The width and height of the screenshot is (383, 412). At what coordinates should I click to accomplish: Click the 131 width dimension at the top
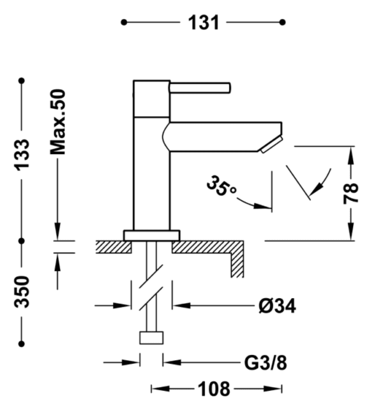click(204, 22)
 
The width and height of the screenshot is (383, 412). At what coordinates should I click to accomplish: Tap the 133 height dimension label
click(22, 154)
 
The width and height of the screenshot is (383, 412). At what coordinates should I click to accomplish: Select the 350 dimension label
click(22, 292)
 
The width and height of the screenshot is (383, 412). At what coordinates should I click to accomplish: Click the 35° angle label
click(222, 187)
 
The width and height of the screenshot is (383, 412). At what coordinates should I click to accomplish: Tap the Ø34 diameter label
click(277, 306)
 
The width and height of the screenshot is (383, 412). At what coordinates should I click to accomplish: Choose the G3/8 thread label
click(265, 363)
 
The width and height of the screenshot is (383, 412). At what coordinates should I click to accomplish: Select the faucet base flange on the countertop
click(152, 235)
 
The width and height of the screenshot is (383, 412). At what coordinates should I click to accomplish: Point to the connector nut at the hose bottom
click(151, 337)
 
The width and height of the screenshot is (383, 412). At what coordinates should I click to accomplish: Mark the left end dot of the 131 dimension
click(123, 22)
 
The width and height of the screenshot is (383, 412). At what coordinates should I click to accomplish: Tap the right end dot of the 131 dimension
click(282, 22)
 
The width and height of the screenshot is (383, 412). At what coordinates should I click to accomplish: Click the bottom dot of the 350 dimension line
click(22, 344)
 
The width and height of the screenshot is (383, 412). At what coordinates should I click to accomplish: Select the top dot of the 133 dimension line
click(22, 81)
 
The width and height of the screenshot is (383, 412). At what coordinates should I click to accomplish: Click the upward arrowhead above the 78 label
click(350, 154)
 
